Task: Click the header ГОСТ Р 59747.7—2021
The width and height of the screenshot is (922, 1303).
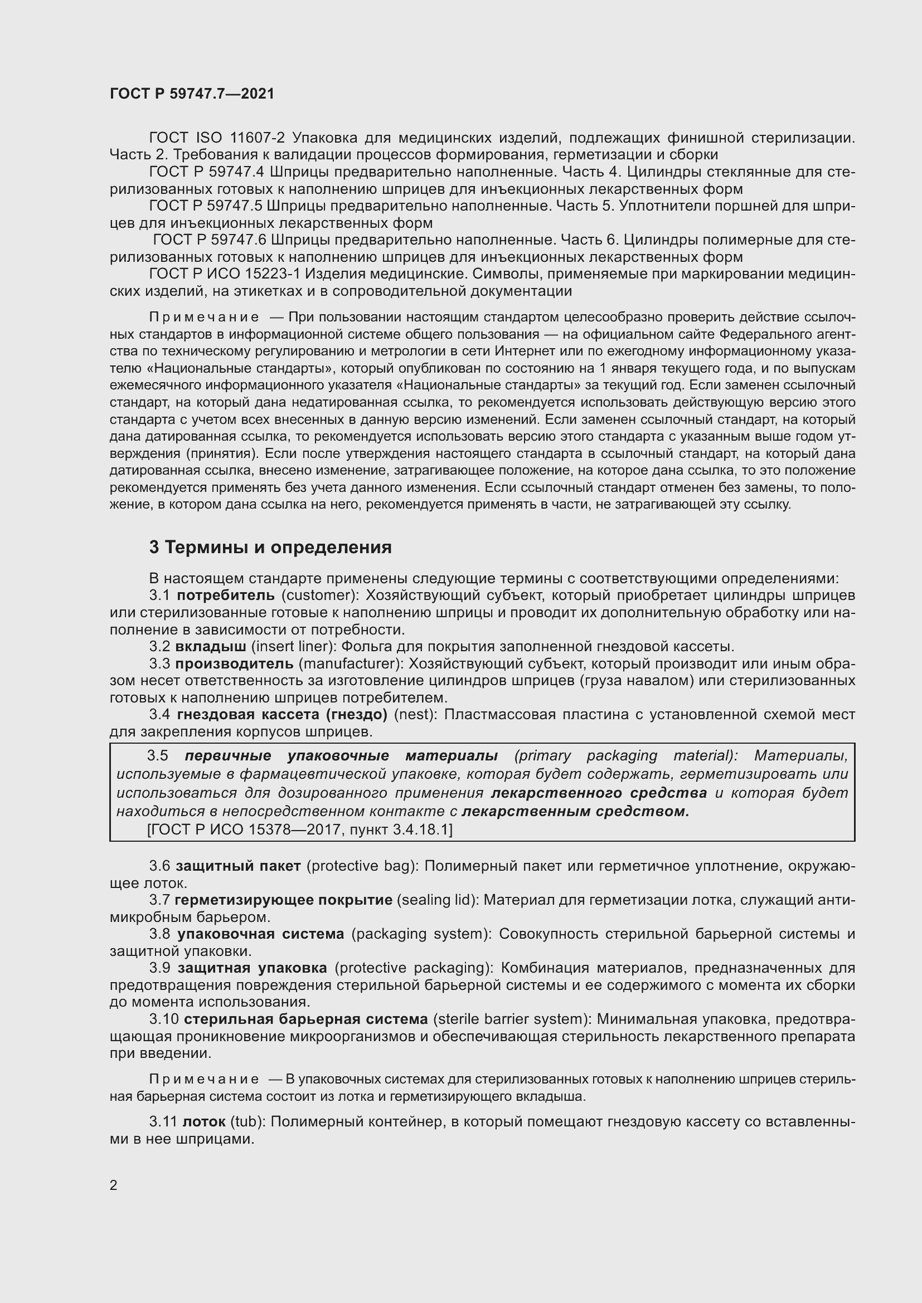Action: (192, 94)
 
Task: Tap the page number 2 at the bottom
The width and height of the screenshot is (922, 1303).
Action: (114, 1185)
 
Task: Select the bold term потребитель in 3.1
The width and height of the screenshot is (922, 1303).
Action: (226, 596)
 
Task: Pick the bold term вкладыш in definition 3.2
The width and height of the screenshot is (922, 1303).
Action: (211, 646)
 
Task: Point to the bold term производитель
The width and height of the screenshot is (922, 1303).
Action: (234, 663)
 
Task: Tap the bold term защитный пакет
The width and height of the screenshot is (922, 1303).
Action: (238, 866)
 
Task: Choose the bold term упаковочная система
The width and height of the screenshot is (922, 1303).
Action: (260, 934)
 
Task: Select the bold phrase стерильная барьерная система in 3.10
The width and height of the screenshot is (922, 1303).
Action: (305, 1019)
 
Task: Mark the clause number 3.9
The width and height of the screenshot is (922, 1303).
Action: (159, 968)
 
